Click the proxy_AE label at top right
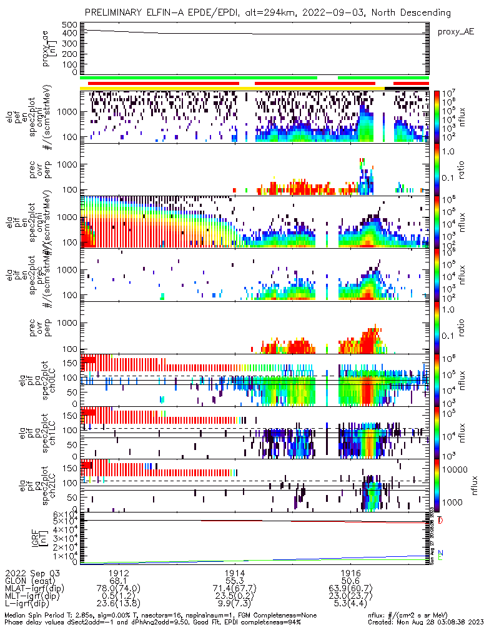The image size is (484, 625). click(455, 31)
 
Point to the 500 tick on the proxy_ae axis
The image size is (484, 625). click(69, 24)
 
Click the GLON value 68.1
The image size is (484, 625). click(119, 581)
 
